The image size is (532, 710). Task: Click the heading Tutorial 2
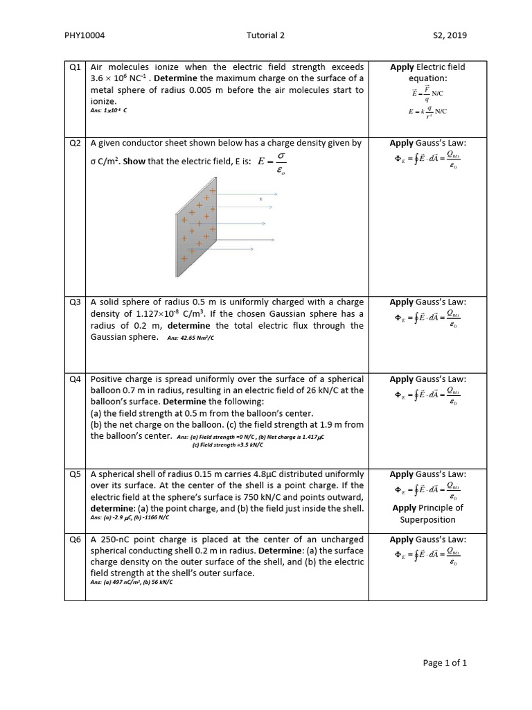pos(265,36)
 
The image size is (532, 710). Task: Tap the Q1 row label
pos(76,67)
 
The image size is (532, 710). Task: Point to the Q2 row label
pos(76,144)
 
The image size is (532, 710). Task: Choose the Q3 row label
pos(76,302)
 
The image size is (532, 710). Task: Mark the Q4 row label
pos(76,379)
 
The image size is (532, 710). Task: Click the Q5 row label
pos(76,474)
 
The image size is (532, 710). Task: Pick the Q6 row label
pos(76,539)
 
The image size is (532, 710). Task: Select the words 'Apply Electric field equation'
pos(427,73)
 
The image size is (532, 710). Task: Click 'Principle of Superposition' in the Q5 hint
pos(427,514)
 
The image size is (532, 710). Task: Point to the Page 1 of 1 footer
pos(445,663)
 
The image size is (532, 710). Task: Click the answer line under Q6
pos(132,583)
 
